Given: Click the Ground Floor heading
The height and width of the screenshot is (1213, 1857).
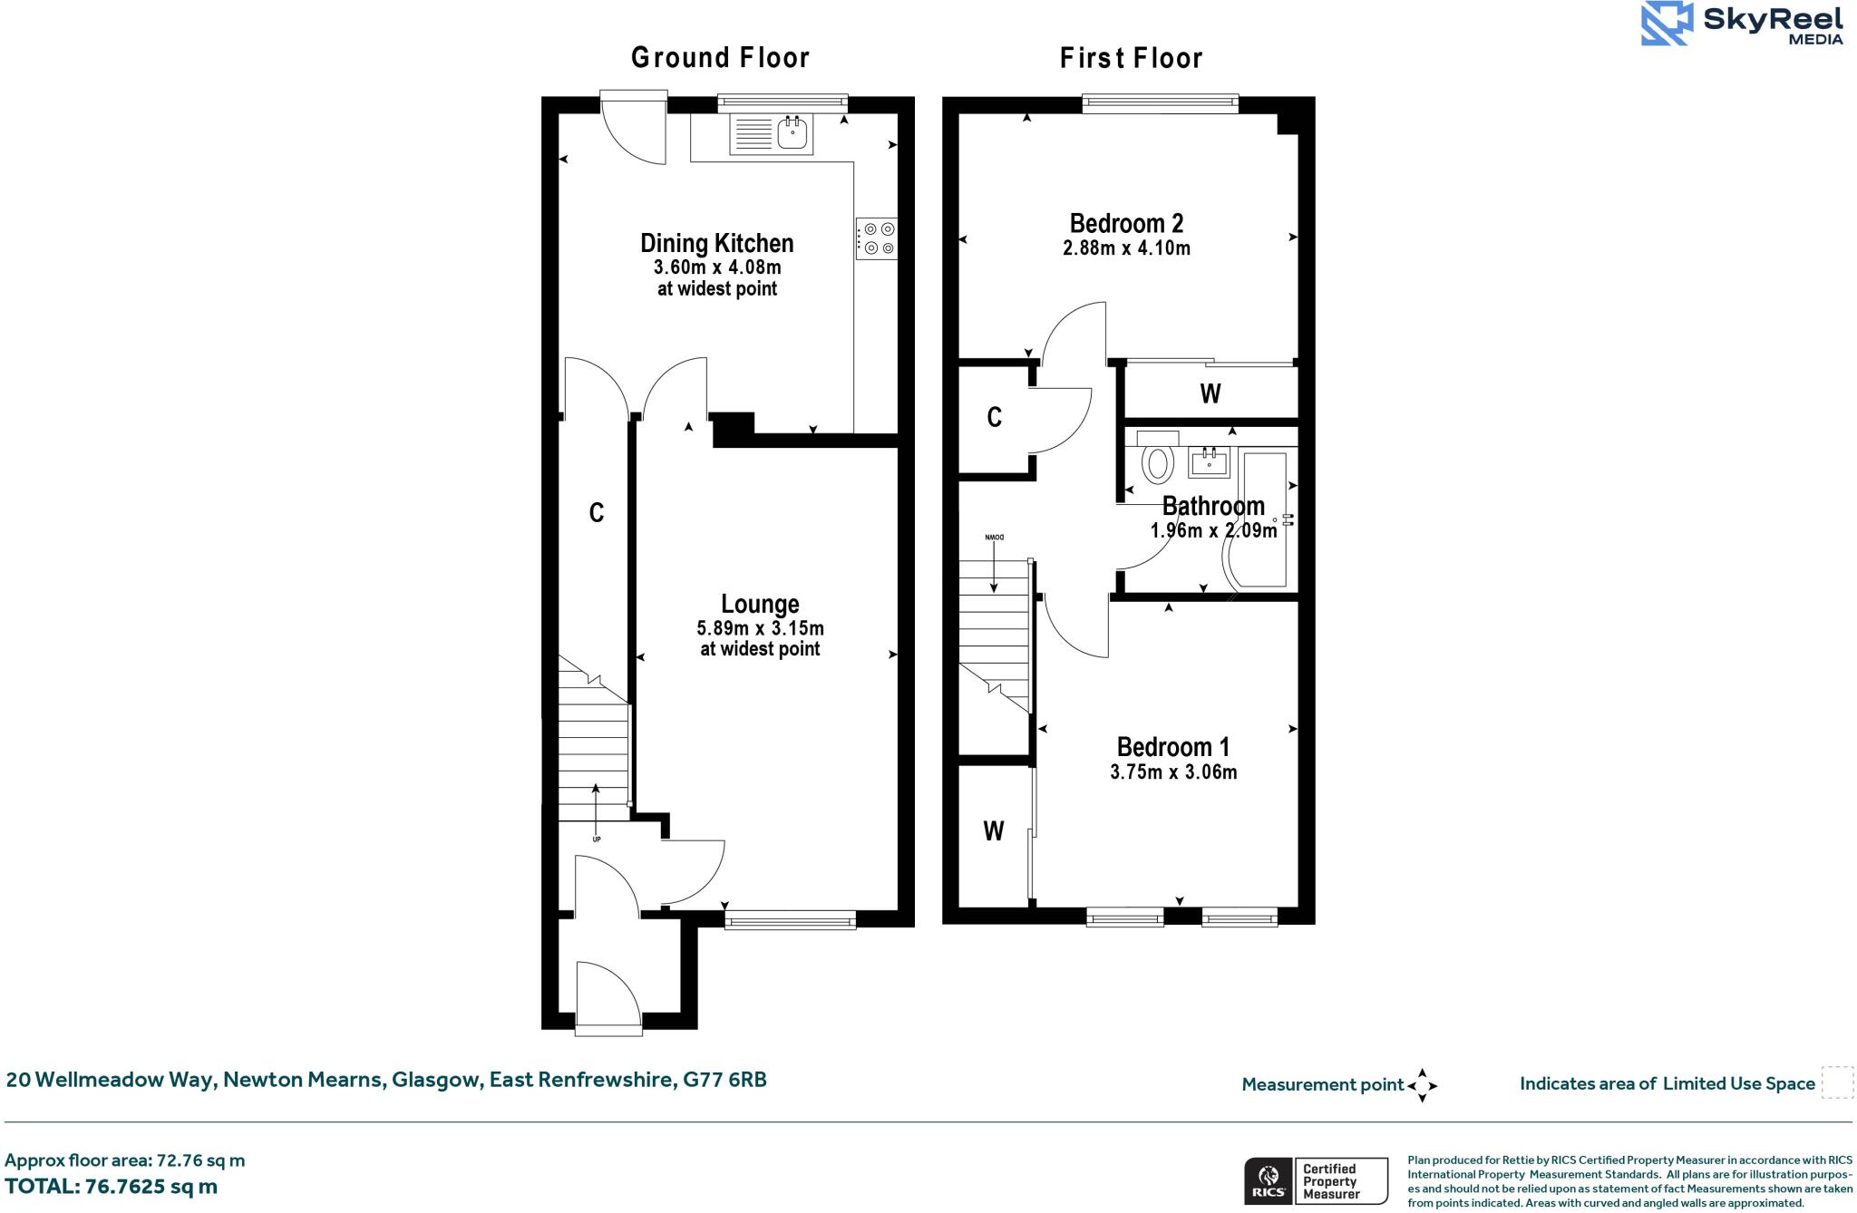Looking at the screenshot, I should click(720, 58).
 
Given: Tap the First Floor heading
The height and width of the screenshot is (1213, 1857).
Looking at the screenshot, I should click(1131, 59).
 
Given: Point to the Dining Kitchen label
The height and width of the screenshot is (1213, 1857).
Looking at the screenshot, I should click(716, 243).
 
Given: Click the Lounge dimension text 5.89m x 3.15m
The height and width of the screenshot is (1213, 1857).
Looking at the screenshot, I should click(760, 628).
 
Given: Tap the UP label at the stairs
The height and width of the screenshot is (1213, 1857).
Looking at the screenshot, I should click(596, 839).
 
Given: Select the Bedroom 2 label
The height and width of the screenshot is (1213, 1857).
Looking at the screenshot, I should click(1126, 223).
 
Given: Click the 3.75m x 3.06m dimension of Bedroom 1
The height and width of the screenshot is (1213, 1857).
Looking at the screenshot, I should click(1173, 772).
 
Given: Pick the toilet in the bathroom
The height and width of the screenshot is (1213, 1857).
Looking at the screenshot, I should click(1157, 461).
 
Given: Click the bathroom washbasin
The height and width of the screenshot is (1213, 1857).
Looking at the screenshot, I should click(1209, 462).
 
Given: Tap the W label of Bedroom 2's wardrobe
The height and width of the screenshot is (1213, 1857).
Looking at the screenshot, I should click(1210, 393).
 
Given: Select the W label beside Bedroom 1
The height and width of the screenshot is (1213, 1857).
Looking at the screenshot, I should click(994, 830).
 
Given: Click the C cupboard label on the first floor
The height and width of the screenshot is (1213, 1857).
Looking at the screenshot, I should click(994, 417).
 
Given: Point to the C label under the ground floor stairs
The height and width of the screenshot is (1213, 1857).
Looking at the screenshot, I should click(596, 513).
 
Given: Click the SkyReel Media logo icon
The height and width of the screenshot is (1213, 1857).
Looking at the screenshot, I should click(1667, 24).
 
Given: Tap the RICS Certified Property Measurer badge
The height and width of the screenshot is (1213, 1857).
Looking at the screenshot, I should click(1316, 1181).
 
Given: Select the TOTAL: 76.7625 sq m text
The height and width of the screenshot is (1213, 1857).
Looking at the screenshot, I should click(111, 1187).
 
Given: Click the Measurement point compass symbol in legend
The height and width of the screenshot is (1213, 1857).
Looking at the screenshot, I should click(1422, 1085).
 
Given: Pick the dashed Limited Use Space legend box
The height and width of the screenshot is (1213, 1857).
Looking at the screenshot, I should click(1837, 1083).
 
